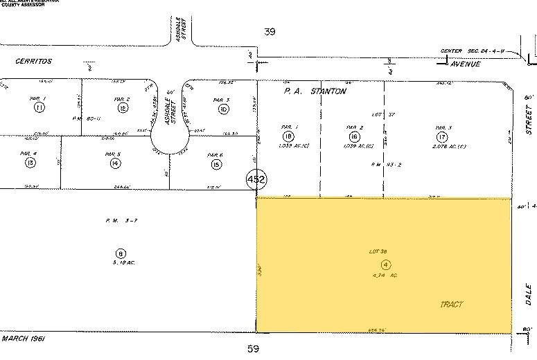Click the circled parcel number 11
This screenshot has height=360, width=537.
pos(39,108)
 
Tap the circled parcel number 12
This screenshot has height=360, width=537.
pos(123,108)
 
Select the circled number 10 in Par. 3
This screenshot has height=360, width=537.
pos(223,109)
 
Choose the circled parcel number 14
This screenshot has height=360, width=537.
pos(115,163)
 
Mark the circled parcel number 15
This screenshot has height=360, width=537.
pos(216,164)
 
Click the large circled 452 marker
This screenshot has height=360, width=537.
pos(256,181)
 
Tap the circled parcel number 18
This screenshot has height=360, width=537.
pos(289,136)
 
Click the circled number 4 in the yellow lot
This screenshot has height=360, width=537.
pos(387,264)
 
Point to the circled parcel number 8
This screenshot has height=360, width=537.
pos(121,253)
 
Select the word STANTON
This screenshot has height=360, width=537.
pos(326,91)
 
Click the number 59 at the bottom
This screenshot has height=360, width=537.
pos(253,348)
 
